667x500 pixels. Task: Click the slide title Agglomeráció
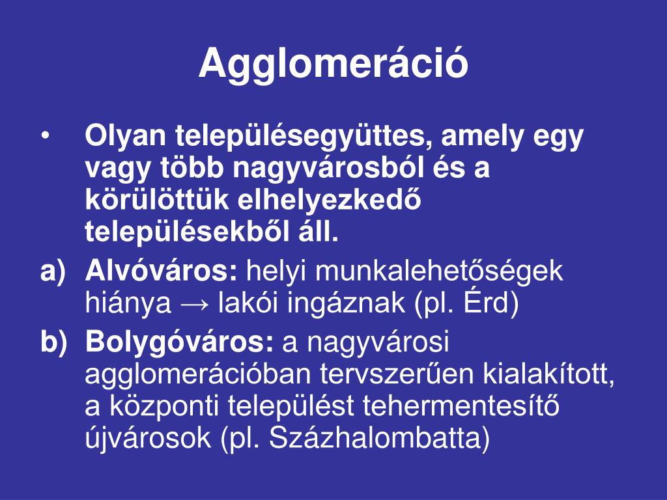pyautogui.click(x=333, y=64)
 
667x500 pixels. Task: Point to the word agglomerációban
pyautogui.click(x=199, y=374)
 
